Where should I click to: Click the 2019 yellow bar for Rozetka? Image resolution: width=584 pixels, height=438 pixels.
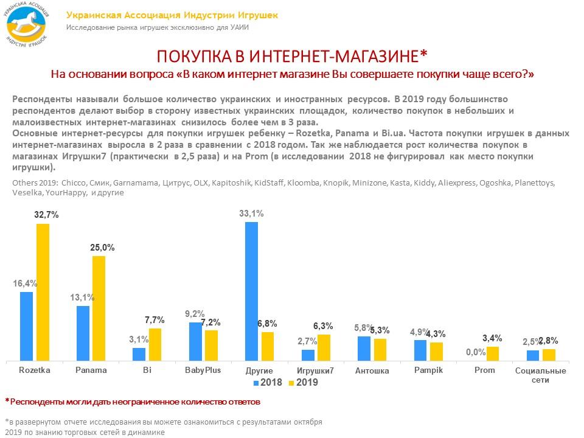point(43,292)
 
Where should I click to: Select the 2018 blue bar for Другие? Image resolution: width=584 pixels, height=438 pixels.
point(251,291)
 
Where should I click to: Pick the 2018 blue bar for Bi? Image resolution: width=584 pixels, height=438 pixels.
point(139,354)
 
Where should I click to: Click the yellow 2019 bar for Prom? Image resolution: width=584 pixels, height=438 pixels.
point(492,353)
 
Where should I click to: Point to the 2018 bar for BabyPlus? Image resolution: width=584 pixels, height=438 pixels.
point(195,341)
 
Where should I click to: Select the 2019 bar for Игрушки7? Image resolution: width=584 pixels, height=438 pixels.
point(324,347)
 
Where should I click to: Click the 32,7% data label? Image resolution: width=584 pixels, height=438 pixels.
point(46,215)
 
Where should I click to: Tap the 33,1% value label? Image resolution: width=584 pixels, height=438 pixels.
point(251,213)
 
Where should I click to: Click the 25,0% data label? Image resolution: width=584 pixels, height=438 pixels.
point(102,248)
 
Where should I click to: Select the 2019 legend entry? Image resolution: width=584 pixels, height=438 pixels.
point(302,383)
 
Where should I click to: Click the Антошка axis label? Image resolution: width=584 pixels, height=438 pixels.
point(372,371)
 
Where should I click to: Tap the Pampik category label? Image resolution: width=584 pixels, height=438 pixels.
point(428,370)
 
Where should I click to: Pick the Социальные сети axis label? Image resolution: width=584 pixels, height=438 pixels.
point(540,375)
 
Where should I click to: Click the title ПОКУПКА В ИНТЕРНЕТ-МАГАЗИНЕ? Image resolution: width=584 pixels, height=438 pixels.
point(292,57)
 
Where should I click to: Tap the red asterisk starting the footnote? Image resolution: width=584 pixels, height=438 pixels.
point(7,401)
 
